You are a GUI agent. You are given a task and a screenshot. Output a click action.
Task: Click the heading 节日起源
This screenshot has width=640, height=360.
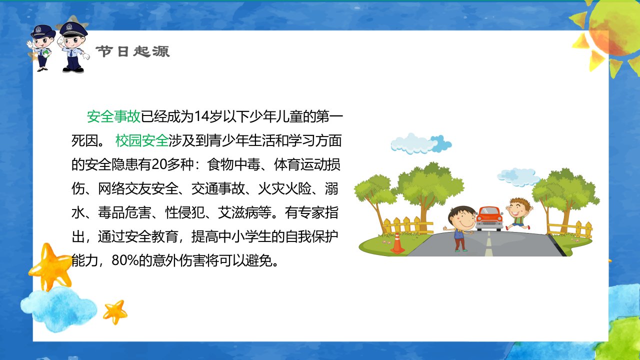click(133, 51)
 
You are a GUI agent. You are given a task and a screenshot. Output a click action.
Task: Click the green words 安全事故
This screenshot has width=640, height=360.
click(113, 116)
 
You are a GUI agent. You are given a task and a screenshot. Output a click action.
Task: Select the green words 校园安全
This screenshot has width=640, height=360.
click(141, 140)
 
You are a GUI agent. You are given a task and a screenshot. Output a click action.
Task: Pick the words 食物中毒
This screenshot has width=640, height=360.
click(233, 164)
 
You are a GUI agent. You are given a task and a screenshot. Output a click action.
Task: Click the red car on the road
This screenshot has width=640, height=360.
click(489, 218)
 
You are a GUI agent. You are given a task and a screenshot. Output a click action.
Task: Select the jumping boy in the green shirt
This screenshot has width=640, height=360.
click(518, 213)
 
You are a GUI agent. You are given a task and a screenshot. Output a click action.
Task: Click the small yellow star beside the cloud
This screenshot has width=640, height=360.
click(115, 311)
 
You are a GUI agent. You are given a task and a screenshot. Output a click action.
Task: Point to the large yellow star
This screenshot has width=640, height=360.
click(50, 266)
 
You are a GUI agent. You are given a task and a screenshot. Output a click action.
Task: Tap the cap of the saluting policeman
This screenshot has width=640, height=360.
click(73, 29)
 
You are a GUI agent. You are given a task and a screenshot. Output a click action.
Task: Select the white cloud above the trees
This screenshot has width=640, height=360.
click(421, 143)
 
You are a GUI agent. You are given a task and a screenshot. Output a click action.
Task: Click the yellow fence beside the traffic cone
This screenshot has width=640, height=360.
click(407, 225)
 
